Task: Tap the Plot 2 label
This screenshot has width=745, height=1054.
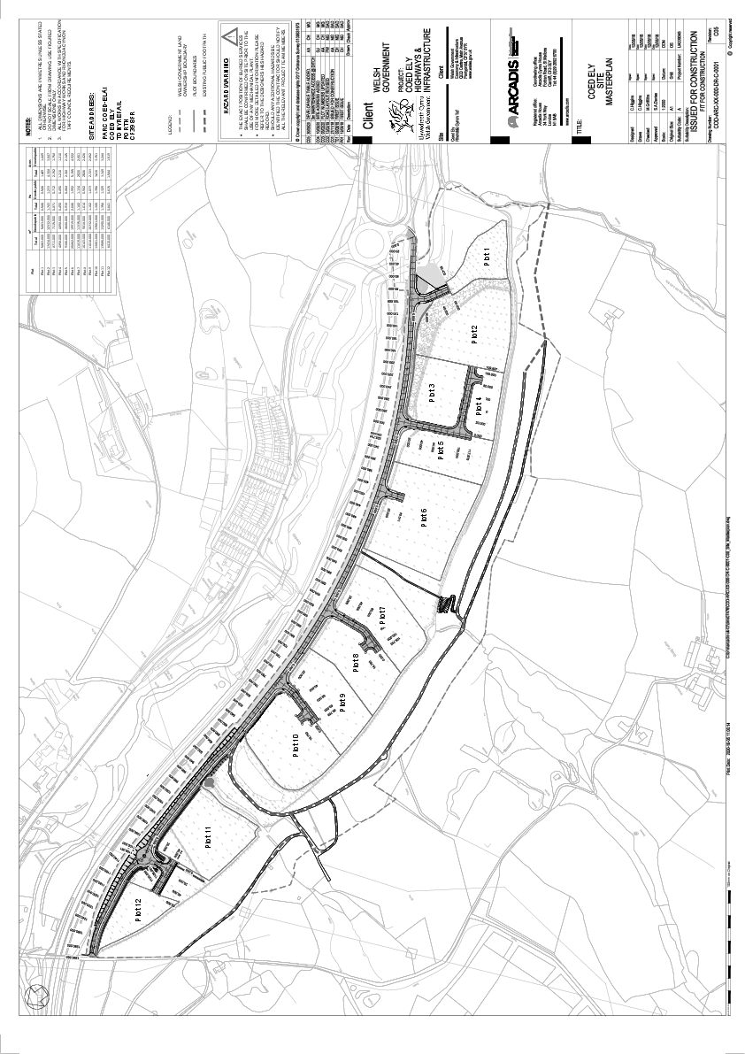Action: pos(474,335)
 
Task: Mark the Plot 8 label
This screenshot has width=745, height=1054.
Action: pos(356,662)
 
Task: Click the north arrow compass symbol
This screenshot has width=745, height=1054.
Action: pos(36,996)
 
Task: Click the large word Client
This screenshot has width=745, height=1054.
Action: pos(372,132)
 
